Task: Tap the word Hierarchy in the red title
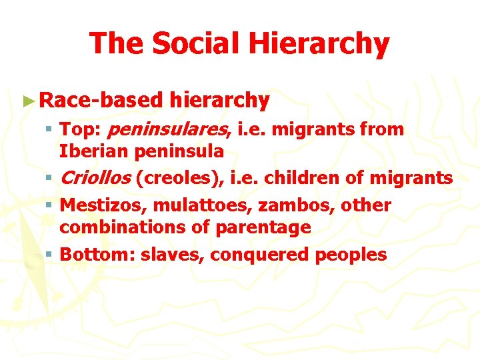(319, 44)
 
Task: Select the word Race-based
(101, 101)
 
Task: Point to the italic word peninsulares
(169, 129)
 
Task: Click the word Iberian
(94, 151)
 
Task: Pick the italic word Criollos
(94, 179)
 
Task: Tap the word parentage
(263, 227)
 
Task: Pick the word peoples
(353, 255)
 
